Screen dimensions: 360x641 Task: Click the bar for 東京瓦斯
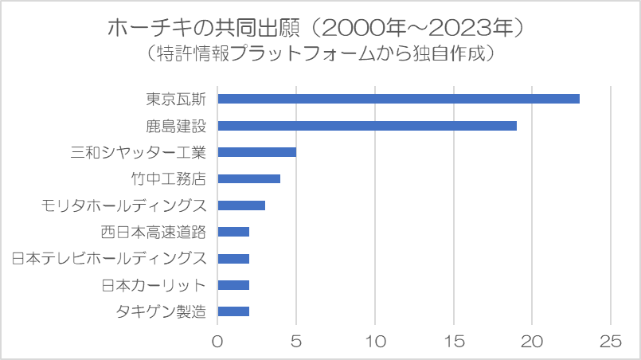398,99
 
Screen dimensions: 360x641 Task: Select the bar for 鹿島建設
367,126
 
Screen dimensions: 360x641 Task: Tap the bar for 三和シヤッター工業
256,152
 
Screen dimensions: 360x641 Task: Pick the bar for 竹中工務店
248,178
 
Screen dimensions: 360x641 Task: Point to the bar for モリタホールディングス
241,205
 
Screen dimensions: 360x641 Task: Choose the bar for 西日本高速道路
233,232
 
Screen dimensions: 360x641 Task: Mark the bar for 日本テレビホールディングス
233,258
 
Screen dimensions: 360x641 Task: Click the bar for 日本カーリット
233,285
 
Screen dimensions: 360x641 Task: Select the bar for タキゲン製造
233,311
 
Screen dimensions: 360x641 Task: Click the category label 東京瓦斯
176,99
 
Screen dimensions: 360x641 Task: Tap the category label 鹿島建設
176,126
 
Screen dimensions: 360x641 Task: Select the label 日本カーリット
154,285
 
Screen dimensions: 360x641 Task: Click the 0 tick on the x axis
217,342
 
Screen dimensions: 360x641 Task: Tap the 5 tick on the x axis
296,342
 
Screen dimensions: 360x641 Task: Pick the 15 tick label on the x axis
453,342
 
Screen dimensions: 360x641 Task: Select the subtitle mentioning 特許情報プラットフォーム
321,54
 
